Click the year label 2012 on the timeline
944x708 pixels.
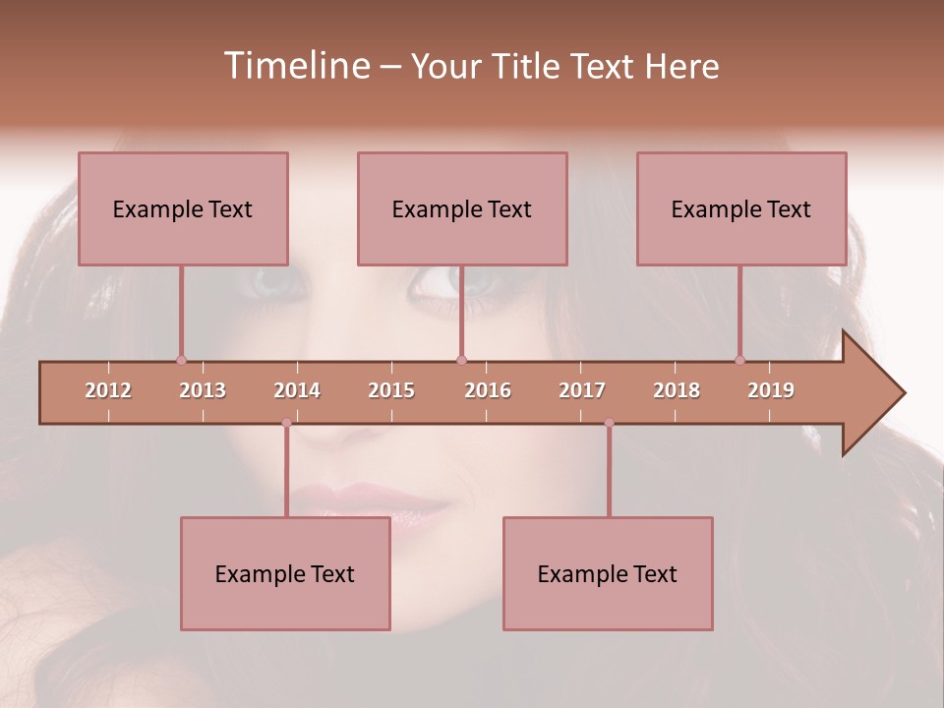[x=108, y=390]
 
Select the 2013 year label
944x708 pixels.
[x=203, y=390]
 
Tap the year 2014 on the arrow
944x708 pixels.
[x=297, y=390]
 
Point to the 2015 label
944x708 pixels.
[x=391, y=390]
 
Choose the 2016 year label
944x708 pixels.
[x=488, y=390]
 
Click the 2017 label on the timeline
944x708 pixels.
[x=582, y=390]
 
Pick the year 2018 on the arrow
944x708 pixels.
[x=677, y=390]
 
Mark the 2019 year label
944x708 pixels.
[x=771, y=390]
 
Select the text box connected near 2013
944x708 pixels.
[x=183, y=208]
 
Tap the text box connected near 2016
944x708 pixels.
[x=462, y=208]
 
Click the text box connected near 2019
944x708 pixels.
[x=741, y=208]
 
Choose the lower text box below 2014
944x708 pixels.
[x=285, y=573]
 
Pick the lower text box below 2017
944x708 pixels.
[x=608, y=573]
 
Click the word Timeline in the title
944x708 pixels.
[x=295, y=66]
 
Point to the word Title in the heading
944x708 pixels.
[x=531, y=66]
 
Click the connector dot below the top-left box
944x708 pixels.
[x=181, y=360]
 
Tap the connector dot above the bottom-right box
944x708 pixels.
[x=609, y=423]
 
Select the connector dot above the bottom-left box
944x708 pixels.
[x=286, y=423]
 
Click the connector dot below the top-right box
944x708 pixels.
[x=739, y=360]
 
